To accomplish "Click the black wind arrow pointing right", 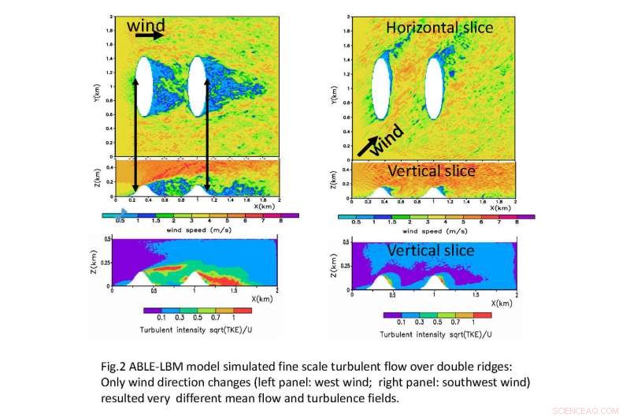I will (x=154, y=35).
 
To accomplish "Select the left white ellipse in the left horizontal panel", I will (x=143, y=88).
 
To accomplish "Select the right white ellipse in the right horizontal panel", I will (x=434, y=88).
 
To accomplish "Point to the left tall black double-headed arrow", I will (x=136, y=135).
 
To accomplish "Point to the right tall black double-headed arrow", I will (x=207, y=135).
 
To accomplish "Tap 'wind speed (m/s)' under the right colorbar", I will (x=435, y=232).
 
